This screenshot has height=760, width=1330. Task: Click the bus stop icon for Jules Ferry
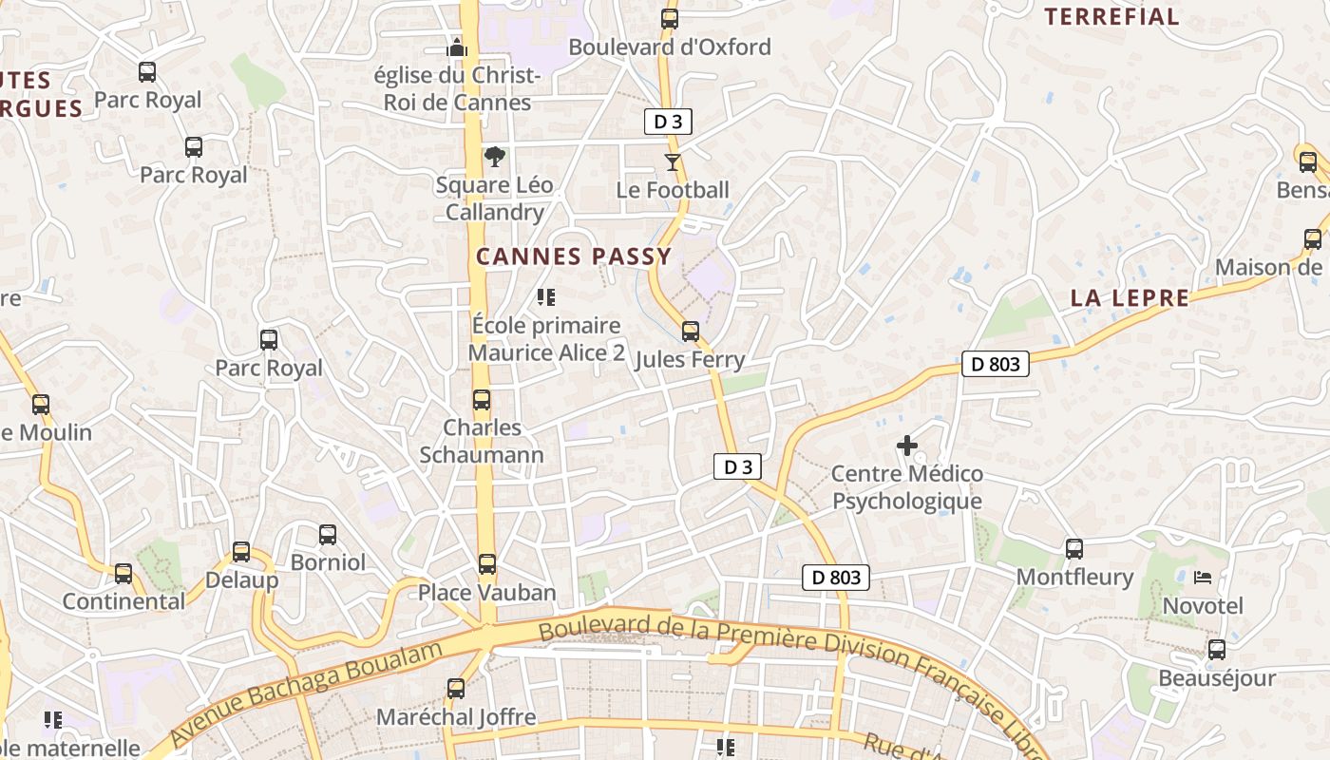pos(691,332)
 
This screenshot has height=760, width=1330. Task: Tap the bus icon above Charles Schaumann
pos(482,400)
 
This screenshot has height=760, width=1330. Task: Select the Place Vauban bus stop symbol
pos(487,564)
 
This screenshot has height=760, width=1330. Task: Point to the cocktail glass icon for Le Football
pos(673,161)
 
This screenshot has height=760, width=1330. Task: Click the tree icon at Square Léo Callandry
pos(494,157)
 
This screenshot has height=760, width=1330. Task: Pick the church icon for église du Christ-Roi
pos(457,47)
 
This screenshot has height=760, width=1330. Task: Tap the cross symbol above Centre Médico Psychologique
pos(907,445)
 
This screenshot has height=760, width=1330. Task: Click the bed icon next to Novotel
pos(1203,577)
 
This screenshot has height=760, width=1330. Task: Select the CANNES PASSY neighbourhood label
pos(574,256)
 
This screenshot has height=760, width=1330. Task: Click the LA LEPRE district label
pos(1130,298)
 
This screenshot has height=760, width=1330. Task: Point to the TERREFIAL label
pos(1111,17)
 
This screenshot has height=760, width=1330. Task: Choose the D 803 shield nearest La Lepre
pos(996,364)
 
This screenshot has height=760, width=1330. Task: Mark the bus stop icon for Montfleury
pos(1074,549)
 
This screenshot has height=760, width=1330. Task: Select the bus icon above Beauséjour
pos(1217,650)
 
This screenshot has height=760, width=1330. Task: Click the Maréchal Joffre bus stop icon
pos(456,689)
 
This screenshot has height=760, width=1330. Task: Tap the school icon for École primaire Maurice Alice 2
pos(546,297)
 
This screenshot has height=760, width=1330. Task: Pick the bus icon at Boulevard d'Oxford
pos(670,19)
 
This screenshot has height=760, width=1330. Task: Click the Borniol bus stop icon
pos(328,535)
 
